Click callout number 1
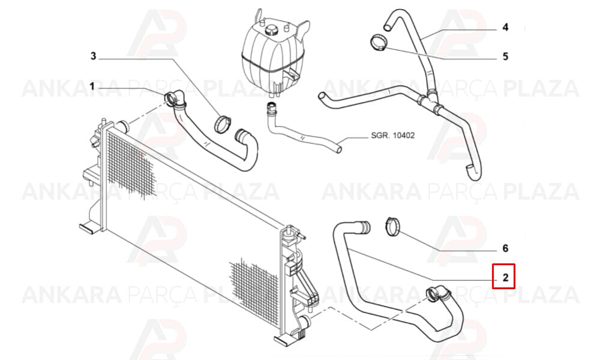tap(92, 87)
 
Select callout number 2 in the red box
tap(505, 277)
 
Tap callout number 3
tap(94, 56)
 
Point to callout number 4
tap(505, 27)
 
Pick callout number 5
tap(505, 56)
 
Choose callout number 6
tap(505, 248)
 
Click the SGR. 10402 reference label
tap(392, 136)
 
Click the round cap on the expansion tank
tap(272, 29)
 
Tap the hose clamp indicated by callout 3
tap(223, 124)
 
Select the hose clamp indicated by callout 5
tap(379, 42)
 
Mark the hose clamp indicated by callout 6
tap(393, 226)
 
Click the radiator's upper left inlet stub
tap(122, 125)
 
